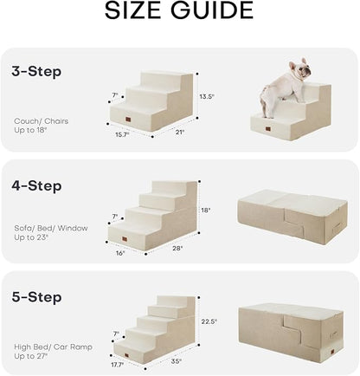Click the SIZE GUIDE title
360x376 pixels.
(179, 12)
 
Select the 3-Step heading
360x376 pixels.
(37, 72)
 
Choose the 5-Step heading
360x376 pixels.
(37, 297)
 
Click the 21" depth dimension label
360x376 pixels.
(179, 133)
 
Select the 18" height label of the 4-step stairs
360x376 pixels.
(205, 211)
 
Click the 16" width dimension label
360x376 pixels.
(120, 254)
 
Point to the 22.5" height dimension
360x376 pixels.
(209, 321)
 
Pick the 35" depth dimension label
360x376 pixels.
(177, 361)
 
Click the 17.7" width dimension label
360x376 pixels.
(119, 366)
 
